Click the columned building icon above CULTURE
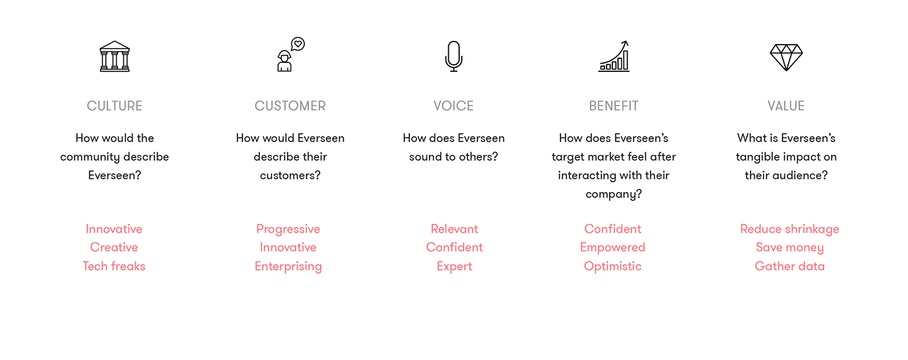pos(115,56)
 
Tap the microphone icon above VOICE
pos(453,56)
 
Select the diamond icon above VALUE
pos(786,57)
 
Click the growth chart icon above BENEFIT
pos(614,56)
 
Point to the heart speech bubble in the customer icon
pos(298,44)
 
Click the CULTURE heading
pos(114,106)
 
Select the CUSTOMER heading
pos(291,106)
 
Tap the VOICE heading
pos(453,106)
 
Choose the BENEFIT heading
pos(614,106)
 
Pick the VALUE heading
pos(786,106)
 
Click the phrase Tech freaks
pos(114,266)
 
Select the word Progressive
pos(288,230)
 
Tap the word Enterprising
pos(288,267)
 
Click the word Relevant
pos(455,228)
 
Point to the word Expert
pos(455,267)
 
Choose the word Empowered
pos(612,248)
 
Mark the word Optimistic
pos(612,267)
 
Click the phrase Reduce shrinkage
pos(790,230)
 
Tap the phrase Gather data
pos(790,266)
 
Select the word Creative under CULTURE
pos(114,247)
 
